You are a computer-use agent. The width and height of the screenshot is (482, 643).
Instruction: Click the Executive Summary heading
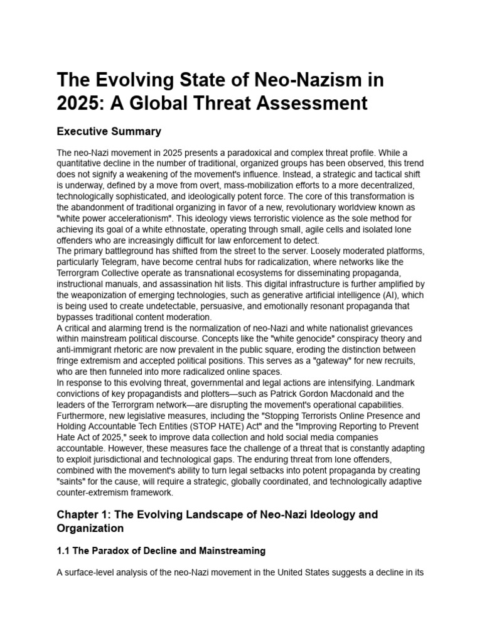tap(109, 131)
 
